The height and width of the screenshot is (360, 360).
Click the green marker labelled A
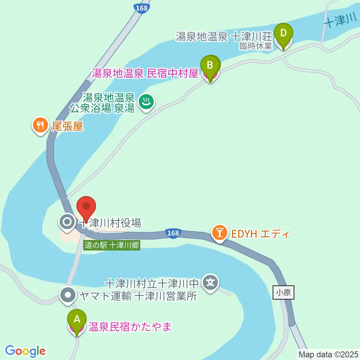coord(77,320)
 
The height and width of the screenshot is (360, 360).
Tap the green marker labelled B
coord(210,66)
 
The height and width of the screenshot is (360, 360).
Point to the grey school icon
coord(210,282)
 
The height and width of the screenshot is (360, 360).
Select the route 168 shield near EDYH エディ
coord(173,233)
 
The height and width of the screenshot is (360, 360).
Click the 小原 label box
coord(283,292)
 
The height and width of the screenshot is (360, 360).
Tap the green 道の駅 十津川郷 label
coord(112,246)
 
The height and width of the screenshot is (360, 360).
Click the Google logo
coord(25,351)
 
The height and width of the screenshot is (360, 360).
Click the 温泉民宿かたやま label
coord(130,327)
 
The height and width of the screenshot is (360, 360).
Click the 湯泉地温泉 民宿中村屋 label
coord(145,73)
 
